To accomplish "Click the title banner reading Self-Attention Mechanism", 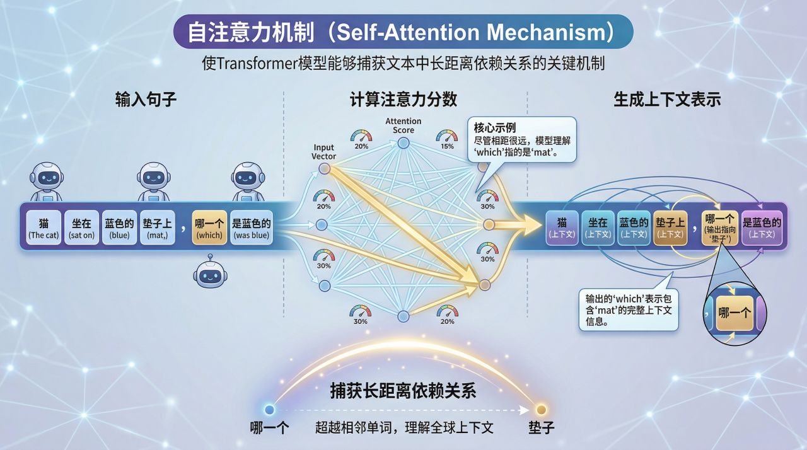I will (x=403, y=32).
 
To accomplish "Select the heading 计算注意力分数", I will (x=403, y=100).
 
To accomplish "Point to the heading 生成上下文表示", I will (x=667, y=100).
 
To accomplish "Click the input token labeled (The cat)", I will (x=44, y=228).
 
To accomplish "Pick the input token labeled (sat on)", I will (x=81, y=228).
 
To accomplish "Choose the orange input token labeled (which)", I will (x=209, y=228).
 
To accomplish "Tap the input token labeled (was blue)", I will (x=251, y=228).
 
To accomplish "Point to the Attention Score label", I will (x=403, y=125).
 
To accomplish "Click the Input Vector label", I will (x=324, y=152).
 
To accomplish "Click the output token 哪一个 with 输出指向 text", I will (x=719, y=228).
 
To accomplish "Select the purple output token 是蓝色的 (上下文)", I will (x=762, y=228).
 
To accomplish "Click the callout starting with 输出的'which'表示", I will (x=629, y=309).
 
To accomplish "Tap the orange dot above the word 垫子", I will (x=540, y=409).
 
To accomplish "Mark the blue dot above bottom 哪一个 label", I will (x=270, y=409).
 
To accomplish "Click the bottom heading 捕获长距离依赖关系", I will (x=403, y=391).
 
